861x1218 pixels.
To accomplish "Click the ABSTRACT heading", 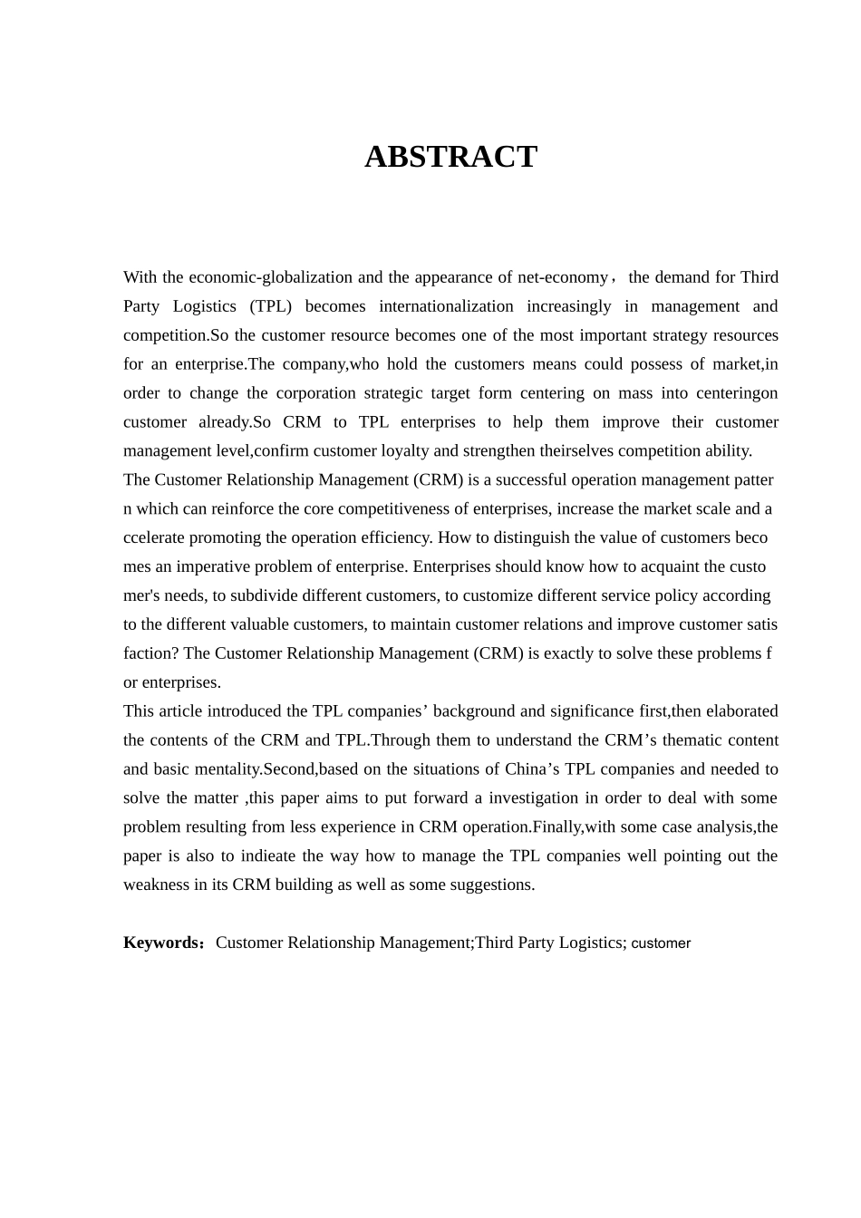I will pos(450,157).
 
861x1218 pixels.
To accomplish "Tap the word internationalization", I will pos(446,306).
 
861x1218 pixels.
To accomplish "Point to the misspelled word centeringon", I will pos(737,393).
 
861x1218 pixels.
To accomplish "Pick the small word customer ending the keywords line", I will pos(661,944).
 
